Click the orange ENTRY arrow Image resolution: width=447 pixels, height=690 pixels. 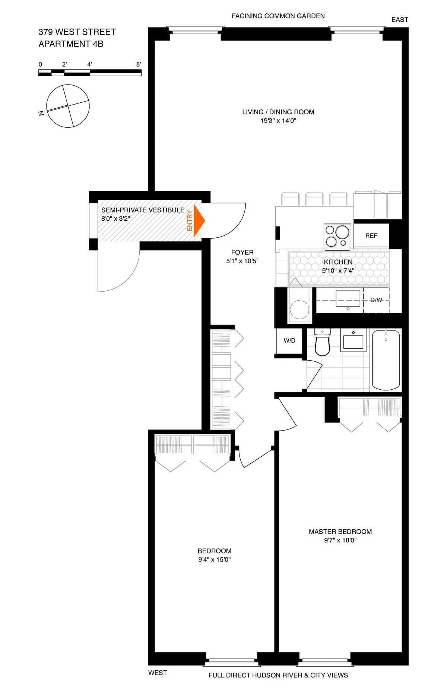(x=199, y=220)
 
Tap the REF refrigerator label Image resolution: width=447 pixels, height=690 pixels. (x=371, y=236)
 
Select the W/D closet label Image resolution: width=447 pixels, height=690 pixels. (x=289, y=341)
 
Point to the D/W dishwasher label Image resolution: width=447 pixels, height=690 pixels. (x=376, y=300)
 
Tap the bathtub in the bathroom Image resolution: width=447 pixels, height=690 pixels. (x=386, y=360)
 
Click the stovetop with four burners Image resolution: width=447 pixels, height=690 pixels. (x=337, y=236)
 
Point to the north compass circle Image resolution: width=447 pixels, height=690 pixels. (x=68, y=106)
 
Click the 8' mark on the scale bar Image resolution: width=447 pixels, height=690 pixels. (x=139, y=64)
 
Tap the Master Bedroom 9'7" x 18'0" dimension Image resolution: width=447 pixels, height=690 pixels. (x=340, y=540)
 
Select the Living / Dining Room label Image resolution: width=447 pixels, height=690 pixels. (x=278, y=112)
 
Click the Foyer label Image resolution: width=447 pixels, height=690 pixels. (x=242, y=252)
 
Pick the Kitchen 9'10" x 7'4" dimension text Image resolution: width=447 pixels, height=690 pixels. (x=338, y=271)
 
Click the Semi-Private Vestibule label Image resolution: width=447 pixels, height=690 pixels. (x=143, y=210)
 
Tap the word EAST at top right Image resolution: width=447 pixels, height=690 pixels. (x=400, y=20)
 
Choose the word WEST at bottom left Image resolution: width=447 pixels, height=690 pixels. (x=157, y=673)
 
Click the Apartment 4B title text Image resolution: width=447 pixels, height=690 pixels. (x=71, y=44)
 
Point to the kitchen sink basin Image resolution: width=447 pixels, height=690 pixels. (x=348, y=298)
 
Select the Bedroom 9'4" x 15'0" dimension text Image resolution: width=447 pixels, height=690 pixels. (x=214, y=559)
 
